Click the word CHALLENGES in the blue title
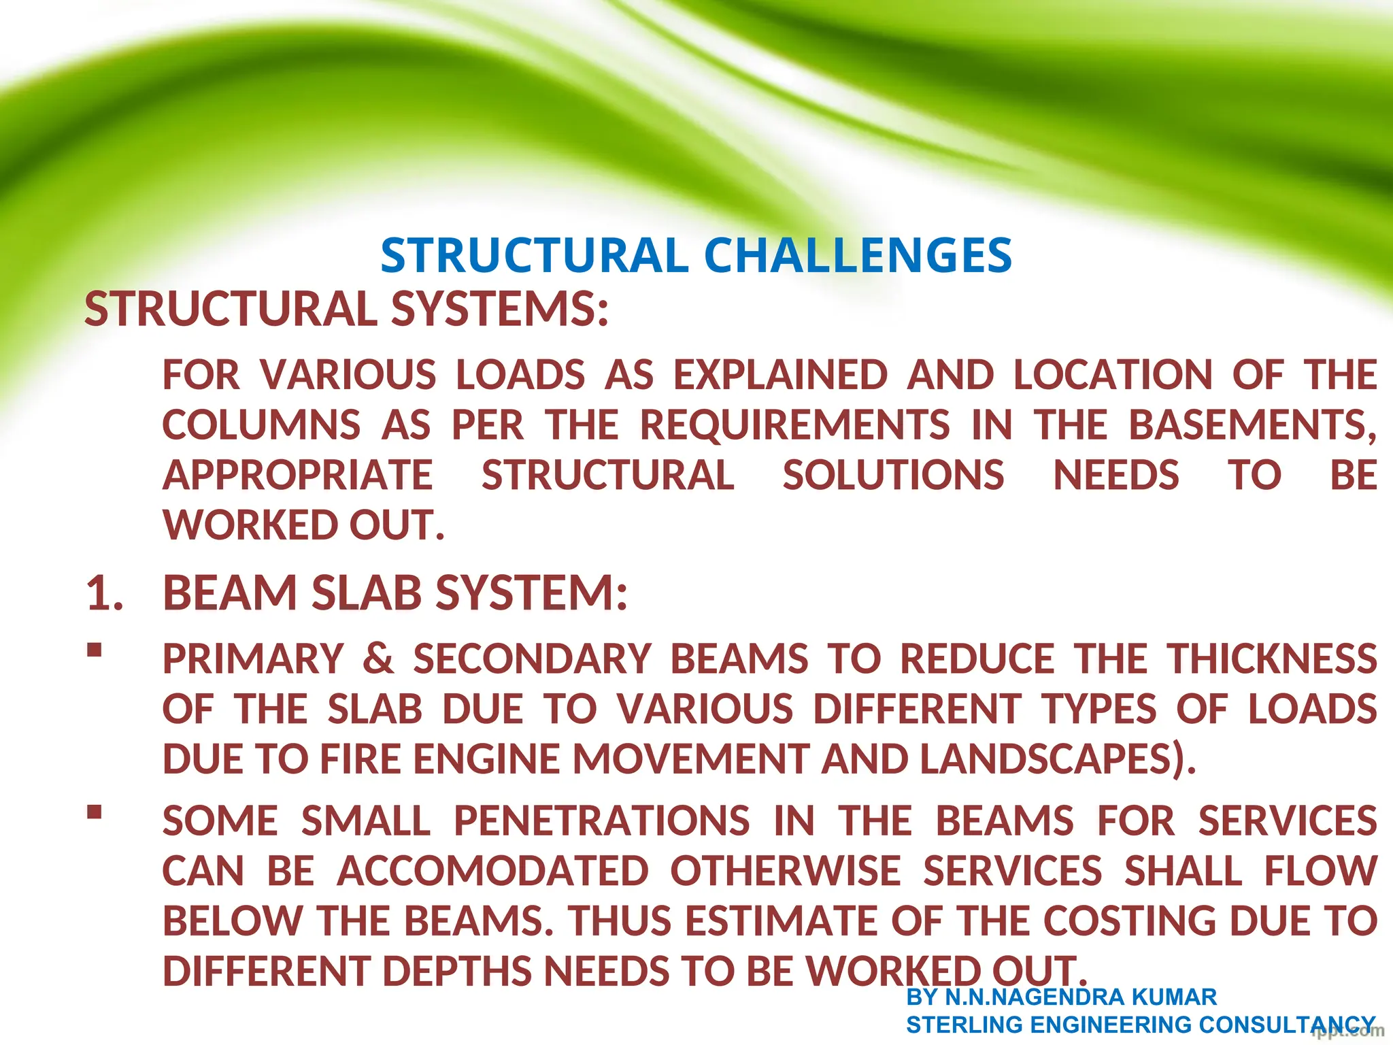(858, 256)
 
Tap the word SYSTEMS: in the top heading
(500, 309)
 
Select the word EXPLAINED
(781, 375)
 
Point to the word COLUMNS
(261, 425)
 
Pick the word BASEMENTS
(1252, 425)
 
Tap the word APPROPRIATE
(298, 475)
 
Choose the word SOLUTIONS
(893, 475)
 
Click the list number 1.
(104, 593)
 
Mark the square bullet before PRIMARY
(95, 650)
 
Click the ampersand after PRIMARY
(378, 659)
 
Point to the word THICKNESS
(1272, 659)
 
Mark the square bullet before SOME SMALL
(95, 812)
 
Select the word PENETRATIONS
(602, 821)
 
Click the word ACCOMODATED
(493, 872)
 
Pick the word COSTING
(1129, 921)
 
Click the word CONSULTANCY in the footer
(1287, 1025)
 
